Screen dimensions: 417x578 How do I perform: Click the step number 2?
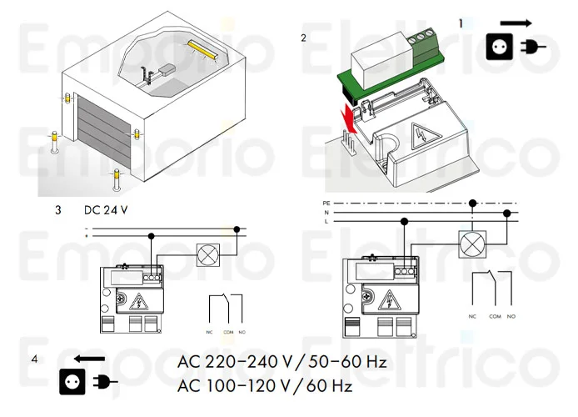(303, 38)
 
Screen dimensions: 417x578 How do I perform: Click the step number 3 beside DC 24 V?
(57, 210)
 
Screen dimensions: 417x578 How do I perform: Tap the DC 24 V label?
(106, 210)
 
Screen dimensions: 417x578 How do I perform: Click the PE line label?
(326, 203)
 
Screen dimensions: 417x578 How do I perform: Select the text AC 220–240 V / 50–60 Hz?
(282, 363)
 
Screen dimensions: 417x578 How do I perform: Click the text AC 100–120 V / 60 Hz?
(265, 387)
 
